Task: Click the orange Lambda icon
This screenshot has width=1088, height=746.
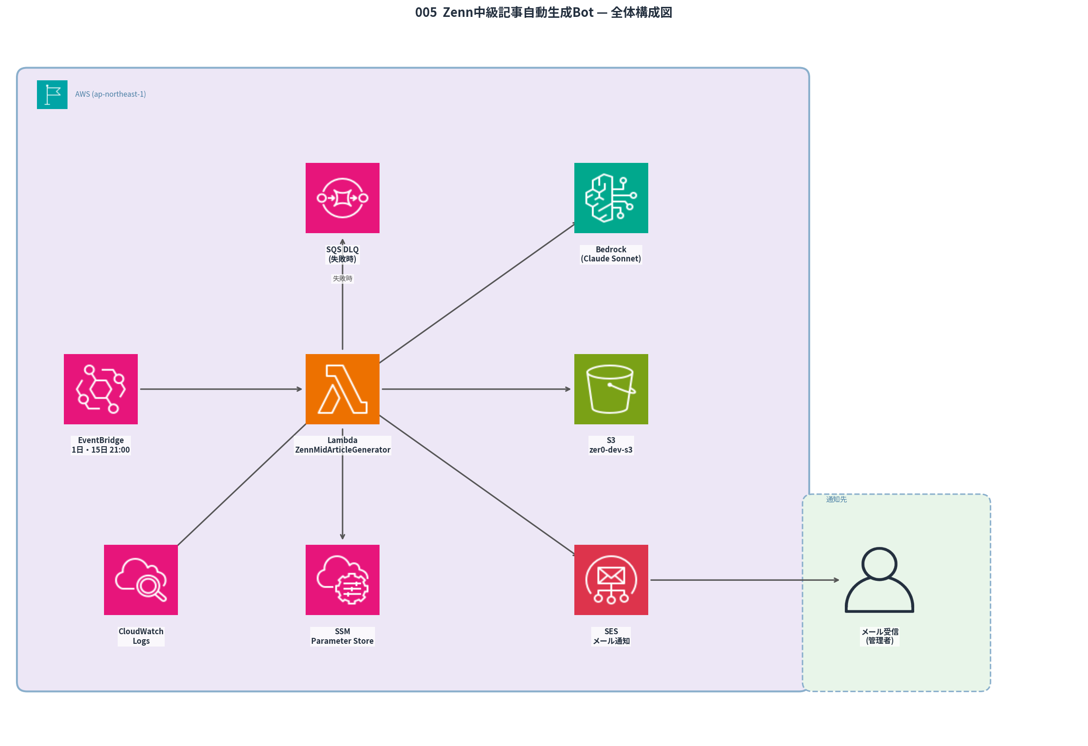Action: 342,389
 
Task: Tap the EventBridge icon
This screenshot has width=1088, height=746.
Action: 101,389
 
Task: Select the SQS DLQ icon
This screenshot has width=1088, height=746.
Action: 342,198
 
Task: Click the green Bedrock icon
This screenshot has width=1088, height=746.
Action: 611,198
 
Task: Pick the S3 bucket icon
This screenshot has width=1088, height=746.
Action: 611,389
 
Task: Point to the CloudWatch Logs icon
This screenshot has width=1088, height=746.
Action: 141,580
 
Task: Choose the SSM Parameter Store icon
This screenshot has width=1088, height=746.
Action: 342,580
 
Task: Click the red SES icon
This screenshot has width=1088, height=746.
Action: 611,580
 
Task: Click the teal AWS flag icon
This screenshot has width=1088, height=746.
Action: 52,94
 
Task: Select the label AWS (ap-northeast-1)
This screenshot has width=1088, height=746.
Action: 110,94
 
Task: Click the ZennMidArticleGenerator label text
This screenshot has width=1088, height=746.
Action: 342,449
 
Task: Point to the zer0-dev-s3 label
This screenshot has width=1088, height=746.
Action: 610,449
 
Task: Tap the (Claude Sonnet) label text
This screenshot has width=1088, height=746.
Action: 610,259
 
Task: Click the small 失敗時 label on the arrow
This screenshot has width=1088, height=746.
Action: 342,279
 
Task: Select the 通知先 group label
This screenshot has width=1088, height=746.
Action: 836,499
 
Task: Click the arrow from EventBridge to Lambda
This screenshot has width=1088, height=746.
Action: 220,389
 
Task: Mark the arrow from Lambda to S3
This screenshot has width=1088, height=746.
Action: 475,389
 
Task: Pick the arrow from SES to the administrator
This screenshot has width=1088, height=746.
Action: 744,580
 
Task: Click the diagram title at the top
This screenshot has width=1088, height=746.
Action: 543,12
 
